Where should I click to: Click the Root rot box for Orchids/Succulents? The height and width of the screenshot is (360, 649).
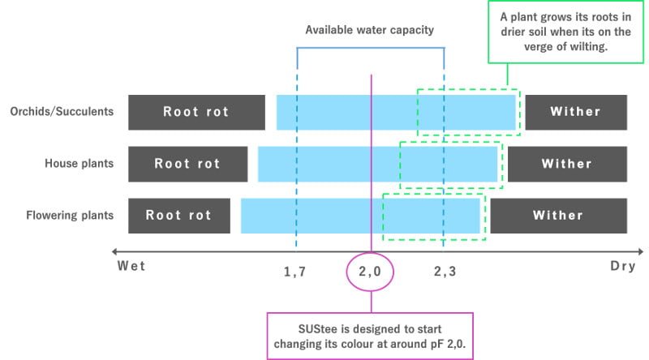point(196,112)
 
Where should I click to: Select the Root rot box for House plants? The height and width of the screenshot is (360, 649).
point(187,164)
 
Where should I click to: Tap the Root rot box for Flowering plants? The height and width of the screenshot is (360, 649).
point(178,216)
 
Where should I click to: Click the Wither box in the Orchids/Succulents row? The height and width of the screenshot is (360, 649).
point(576,112)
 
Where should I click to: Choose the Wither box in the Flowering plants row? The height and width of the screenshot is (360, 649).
point(558,216)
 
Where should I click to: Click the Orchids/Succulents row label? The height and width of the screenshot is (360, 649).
point(62,112)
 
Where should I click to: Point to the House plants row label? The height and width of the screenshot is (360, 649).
point(79,164)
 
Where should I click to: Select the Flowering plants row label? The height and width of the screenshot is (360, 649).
point(70,216)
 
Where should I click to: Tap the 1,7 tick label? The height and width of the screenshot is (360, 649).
point(294,272)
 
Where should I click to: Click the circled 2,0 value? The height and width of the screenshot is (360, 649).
point(370,272)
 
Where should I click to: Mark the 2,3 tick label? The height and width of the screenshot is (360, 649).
point(445,272)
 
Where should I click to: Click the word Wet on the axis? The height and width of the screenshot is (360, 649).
point(131,265)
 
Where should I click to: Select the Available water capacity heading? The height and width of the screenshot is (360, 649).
point(370,31)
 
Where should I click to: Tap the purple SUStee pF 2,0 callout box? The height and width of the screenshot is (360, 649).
point(370,336)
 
